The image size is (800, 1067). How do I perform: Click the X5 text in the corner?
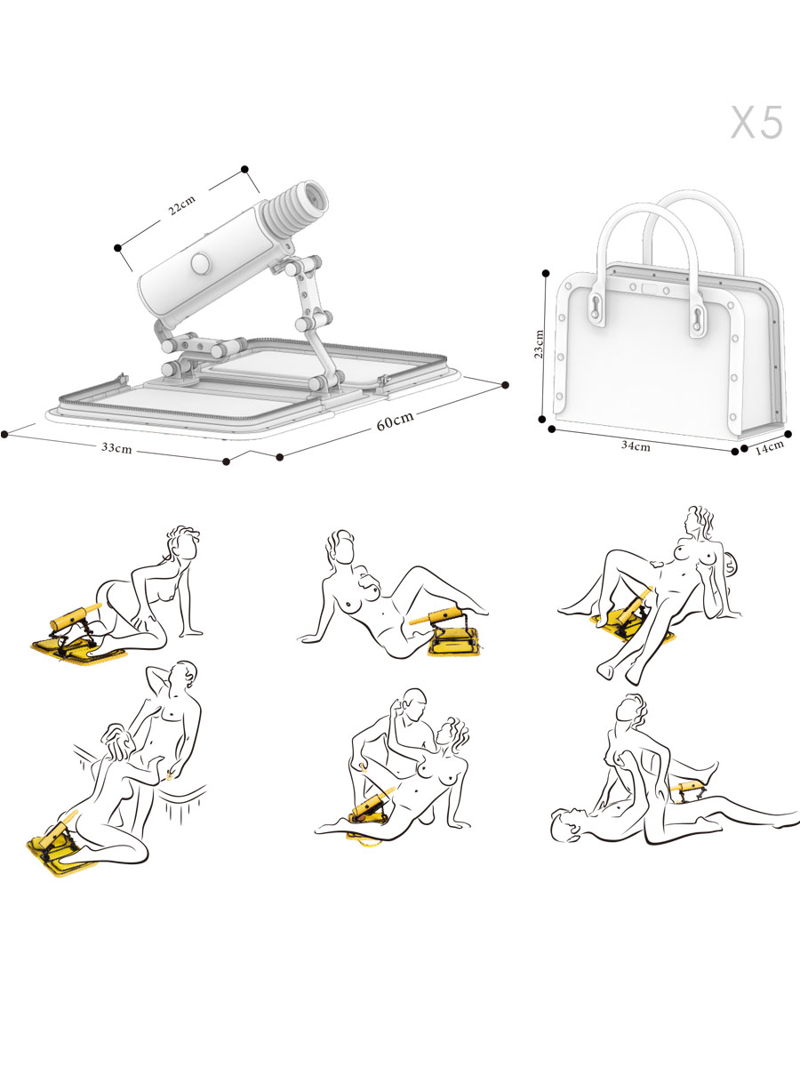pos(756,122)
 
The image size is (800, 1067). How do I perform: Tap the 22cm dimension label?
pos(181,205)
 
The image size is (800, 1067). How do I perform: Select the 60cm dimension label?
pos(396,421)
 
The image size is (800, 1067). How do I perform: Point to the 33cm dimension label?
pos(116,447)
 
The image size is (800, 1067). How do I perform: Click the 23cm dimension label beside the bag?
pos(539,343)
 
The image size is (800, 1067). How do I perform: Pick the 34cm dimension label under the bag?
pos(636,445)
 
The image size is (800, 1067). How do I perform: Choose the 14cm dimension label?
pos(770,446)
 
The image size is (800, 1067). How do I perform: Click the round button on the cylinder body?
pos(200,263)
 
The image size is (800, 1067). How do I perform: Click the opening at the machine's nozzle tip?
pos(316,197)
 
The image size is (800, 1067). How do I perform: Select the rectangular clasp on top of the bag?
pos(650,288)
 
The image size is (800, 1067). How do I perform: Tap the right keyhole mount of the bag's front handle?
pos(698,320)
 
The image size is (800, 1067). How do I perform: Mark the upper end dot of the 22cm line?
pos(244,169)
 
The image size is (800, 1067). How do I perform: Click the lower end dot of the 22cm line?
pos(117,248)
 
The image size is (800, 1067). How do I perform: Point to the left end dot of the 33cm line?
pos(4,434)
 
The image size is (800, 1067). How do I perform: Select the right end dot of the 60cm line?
pos(505,385)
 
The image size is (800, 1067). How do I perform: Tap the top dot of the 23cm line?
pos(547,274)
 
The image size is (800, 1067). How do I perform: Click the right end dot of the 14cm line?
pos(788,434)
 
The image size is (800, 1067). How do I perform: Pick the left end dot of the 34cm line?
pos(552,429)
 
